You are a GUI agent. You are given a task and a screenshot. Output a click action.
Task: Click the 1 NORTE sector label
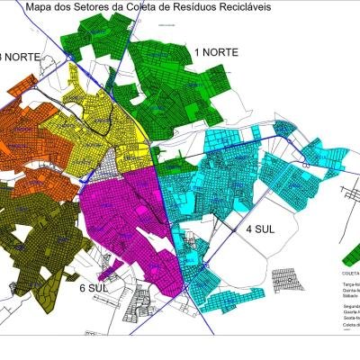216,52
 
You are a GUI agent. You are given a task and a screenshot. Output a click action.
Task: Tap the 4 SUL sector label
260,229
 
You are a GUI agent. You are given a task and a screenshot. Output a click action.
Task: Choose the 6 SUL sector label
94,287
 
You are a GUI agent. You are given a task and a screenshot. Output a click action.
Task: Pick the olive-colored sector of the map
36,234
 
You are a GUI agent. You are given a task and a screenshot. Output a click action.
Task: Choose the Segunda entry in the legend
346,307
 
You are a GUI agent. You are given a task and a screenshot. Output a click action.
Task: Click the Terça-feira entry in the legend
346,283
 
